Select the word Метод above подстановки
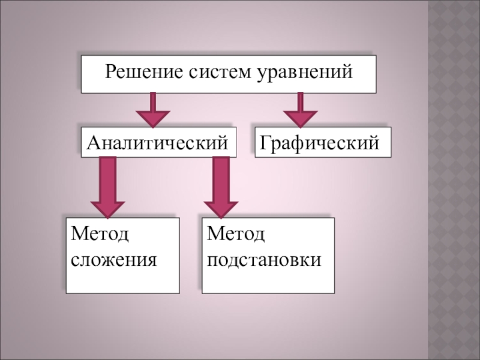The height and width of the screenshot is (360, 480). [x=236, y=233]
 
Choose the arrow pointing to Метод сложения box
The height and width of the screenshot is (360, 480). [x=107, y=187]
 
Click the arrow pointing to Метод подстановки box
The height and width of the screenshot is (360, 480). [x=221, y=187]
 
